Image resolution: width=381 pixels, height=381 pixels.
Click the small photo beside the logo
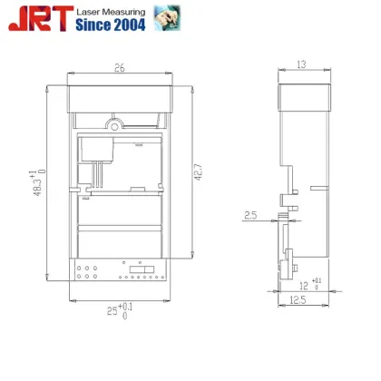[166, 17]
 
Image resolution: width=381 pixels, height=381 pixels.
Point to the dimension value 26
[119, 67]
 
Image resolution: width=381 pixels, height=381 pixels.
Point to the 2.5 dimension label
[251, 216]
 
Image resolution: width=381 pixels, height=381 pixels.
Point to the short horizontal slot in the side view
[317, 187]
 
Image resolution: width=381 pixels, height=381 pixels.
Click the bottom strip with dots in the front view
[119, 270]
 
